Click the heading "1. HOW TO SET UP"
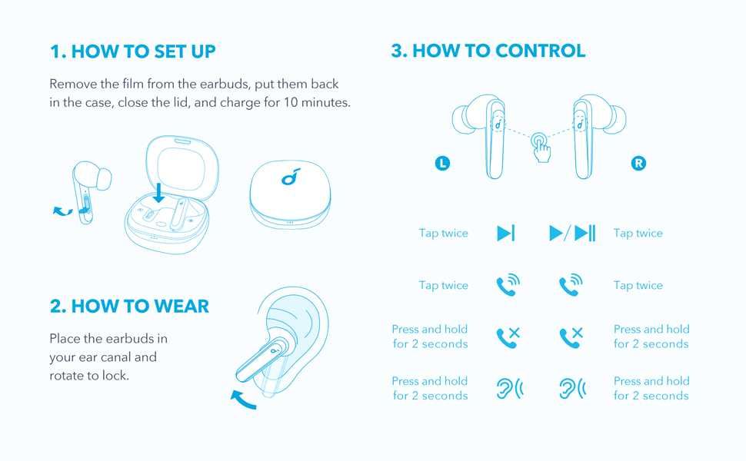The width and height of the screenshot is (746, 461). tap(132, 51)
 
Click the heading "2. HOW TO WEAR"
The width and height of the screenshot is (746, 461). tap(129, 306)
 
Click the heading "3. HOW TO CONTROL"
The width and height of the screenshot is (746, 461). tap(488, 51)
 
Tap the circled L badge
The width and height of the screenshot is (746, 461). tap(441, 163)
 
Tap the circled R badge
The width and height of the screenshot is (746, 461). tap(638, 163)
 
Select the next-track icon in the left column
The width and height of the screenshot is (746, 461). tap(506, 234)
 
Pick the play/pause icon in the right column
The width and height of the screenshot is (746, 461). tap(572, 234)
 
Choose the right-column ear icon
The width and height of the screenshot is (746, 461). tap(572, 388)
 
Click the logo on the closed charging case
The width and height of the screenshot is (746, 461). tap(288, 178)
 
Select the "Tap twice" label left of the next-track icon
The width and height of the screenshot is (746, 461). tap(444, 234)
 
